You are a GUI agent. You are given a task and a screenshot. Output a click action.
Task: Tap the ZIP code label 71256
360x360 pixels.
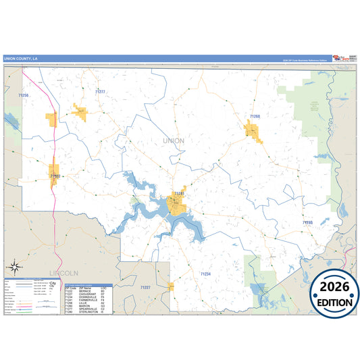click(24, 96)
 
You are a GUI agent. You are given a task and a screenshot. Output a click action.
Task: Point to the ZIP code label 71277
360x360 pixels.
click(100, 91)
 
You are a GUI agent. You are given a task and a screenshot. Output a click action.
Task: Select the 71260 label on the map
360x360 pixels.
click(255, 117)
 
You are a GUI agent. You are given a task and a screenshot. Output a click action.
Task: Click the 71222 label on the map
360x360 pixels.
click(55, 176)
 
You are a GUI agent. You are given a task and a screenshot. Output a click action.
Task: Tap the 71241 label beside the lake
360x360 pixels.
click(179, 194)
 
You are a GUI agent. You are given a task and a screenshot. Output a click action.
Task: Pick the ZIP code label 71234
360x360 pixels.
click(205, 274)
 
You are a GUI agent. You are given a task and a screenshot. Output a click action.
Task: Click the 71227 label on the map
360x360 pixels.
click(145, 288)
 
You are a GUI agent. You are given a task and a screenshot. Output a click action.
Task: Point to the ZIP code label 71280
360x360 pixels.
click(307, 222)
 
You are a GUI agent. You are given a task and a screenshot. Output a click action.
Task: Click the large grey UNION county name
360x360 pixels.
click(174, 140)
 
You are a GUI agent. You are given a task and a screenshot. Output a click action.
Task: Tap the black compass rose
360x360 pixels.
click(15, 267)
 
